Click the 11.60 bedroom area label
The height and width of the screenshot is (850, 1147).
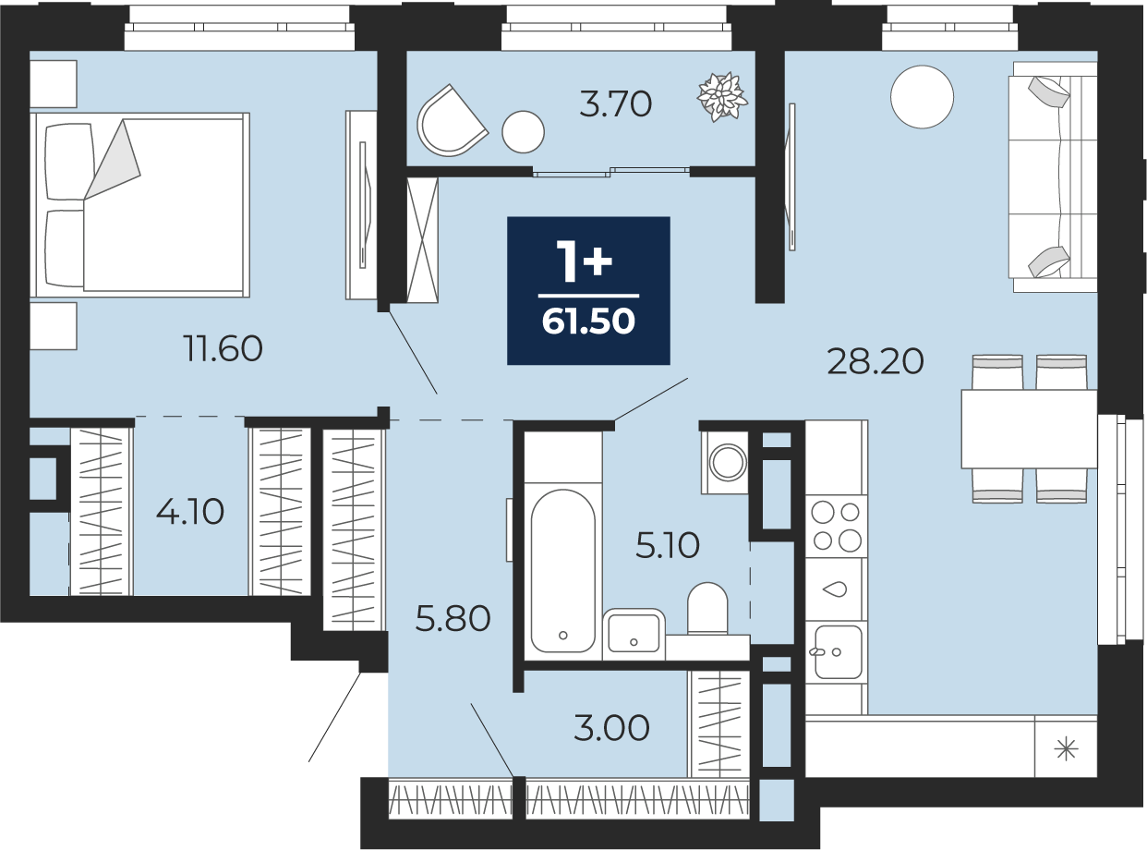223,348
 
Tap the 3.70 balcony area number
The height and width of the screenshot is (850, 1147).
615,104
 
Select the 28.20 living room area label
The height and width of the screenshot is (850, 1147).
875,361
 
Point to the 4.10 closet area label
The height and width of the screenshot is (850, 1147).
190,511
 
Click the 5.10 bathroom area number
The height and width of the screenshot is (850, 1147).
668,545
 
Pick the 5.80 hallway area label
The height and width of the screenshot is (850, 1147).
453,619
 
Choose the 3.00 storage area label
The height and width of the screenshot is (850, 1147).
611,728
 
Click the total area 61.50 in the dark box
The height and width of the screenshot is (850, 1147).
588,322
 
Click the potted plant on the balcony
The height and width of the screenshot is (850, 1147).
722,97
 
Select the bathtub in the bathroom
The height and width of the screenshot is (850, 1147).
563,571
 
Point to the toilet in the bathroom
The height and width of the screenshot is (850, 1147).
707,609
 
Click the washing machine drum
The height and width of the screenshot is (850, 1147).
728,461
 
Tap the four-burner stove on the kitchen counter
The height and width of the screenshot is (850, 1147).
836,526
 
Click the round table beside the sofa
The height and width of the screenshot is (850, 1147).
922,97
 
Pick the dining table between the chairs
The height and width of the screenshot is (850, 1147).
1029,429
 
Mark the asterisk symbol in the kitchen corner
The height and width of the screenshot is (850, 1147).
1067,749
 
